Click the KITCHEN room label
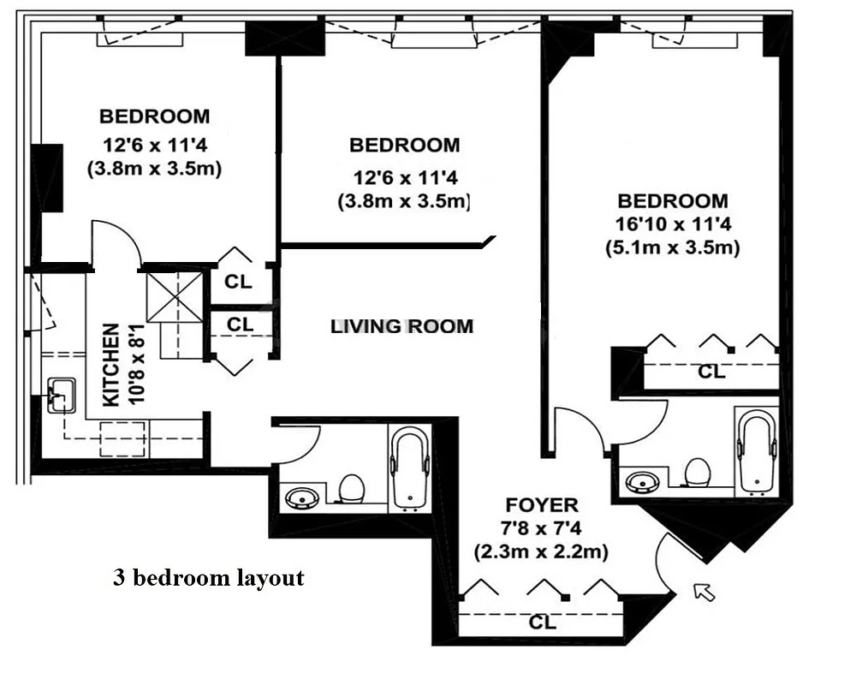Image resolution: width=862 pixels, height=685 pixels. [x=110, y=366]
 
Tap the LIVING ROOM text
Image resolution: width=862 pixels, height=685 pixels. [x=401, y=326]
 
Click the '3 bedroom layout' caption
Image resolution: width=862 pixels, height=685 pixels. [x=208, y=578]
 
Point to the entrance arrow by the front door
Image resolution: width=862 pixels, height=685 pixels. [x=704, y=591]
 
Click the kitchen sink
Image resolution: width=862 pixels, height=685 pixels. [x=60, y=396]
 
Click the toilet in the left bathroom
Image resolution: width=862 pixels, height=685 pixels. [x=352, y=489]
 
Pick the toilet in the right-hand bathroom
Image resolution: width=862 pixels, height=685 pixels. [x=699, y=473]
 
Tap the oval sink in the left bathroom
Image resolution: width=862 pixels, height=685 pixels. [x=301, y=497]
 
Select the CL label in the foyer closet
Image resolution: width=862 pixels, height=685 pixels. [x=542, y=622]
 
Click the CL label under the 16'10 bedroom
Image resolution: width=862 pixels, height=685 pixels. [x=711, y=372]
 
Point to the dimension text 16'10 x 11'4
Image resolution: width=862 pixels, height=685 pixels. [x=673, y=224]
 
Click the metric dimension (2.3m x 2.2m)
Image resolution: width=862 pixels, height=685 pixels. [x=541, y=552]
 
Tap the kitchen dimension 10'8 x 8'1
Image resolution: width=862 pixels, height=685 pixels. [x=135, y=365]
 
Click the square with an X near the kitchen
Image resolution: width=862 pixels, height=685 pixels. [x=175, y=296]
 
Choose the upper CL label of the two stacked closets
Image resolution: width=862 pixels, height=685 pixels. [x=239, y=282]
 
